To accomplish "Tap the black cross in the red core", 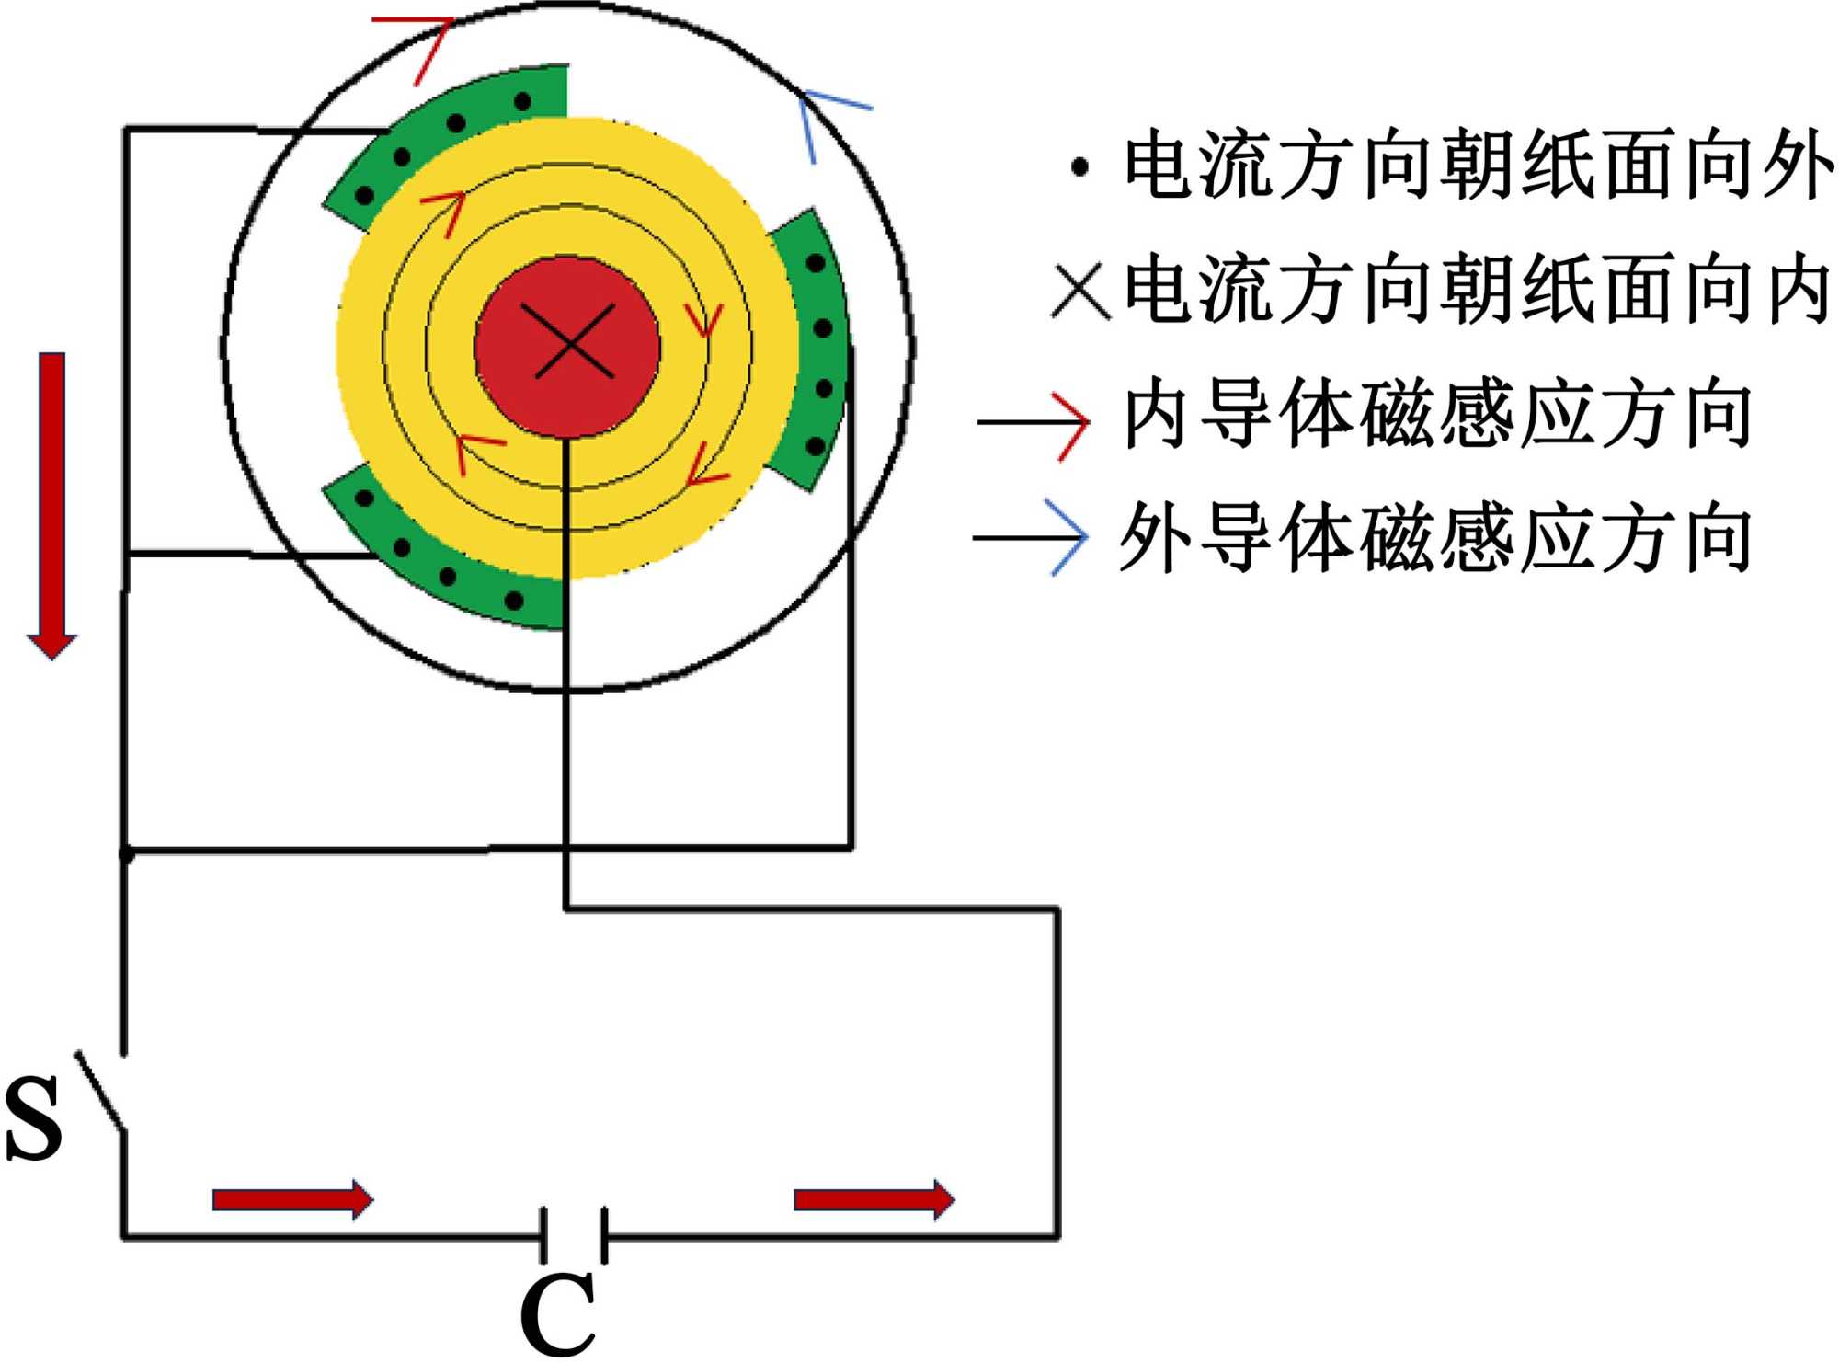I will point(574,342).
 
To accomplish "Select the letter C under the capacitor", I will point(557,1315).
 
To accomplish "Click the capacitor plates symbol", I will point(574,1235).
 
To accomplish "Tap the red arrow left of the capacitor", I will point(292,1199).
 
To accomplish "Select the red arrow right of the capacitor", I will point(874,1199).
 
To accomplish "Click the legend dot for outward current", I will point(1080,167).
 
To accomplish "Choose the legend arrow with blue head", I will point(1030,538).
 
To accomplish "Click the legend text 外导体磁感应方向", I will point(1434,538).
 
